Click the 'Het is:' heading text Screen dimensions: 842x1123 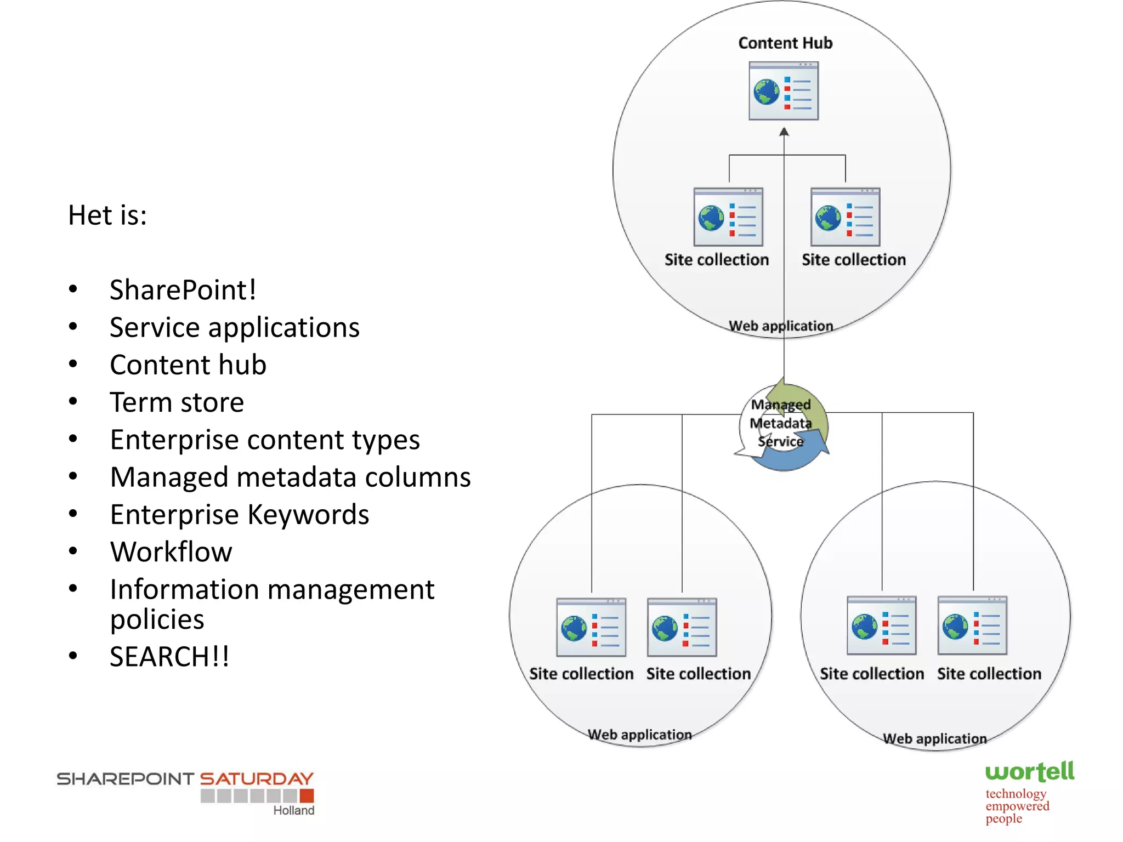tap(107, 215)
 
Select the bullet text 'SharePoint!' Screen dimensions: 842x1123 tap(183, 289)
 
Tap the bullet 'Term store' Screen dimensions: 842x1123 tap(177, 402)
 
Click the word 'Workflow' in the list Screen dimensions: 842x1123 tap(171, 551)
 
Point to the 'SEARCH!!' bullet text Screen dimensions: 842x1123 tap(169, 656)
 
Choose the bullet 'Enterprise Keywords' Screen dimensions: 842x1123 tap(239, 514)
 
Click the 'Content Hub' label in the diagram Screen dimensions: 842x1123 tap(785, 43)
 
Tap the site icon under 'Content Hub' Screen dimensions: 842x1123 tap(784, 91)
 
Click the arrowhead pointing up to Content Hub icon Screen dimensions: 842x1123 tap(784, 132)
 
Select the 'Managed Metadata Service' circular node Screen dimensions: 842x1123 tap(782, 426)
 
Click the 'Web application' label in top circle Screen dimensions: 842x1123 tap(781, 326)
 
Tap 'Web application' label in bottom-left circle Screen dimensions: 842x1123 tap(639, 735)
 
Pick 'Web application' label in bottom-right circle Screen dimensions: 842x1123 tap(934, 738)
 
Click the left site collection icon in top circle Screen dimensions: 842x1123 tap(728, 217)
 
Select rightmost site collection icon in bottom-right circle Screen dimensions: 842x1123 tap(972, 626)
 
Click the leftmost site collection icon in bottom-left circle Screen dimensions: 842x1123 tap(591, 628)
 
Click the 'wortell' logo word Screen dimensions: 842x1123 tap(1029, 772)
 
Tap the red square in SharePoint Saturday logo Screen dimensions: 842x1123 tap(307, 795)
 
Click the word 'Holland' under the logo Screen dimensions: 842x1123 tap(294, 810)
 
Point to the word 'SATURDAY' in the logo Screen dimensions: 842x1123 tap(256, 778)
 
